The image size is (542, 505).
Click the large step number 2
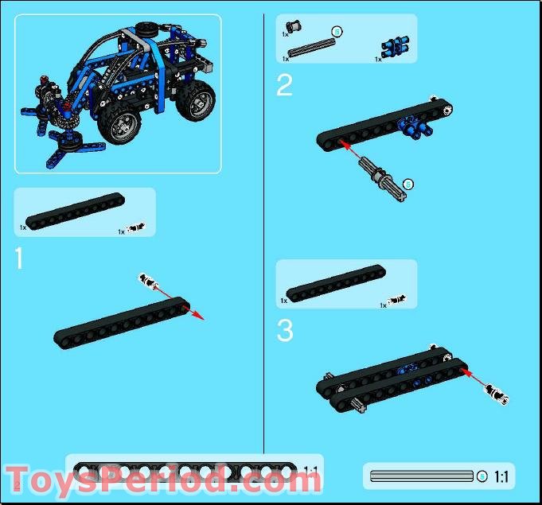click(x=284, y=85)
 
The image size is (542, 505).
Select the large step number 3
click(x=285, y=330)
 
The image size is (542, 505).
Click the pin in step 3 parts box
click(x=399, y=301)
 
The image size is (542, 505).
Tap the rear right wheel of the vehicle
click(x=196, y=99)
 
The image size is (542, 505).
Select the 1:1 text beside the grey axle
click(x=501, y=477)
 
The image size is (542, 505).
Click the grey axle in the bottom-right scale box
click(x=422, y=476)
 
